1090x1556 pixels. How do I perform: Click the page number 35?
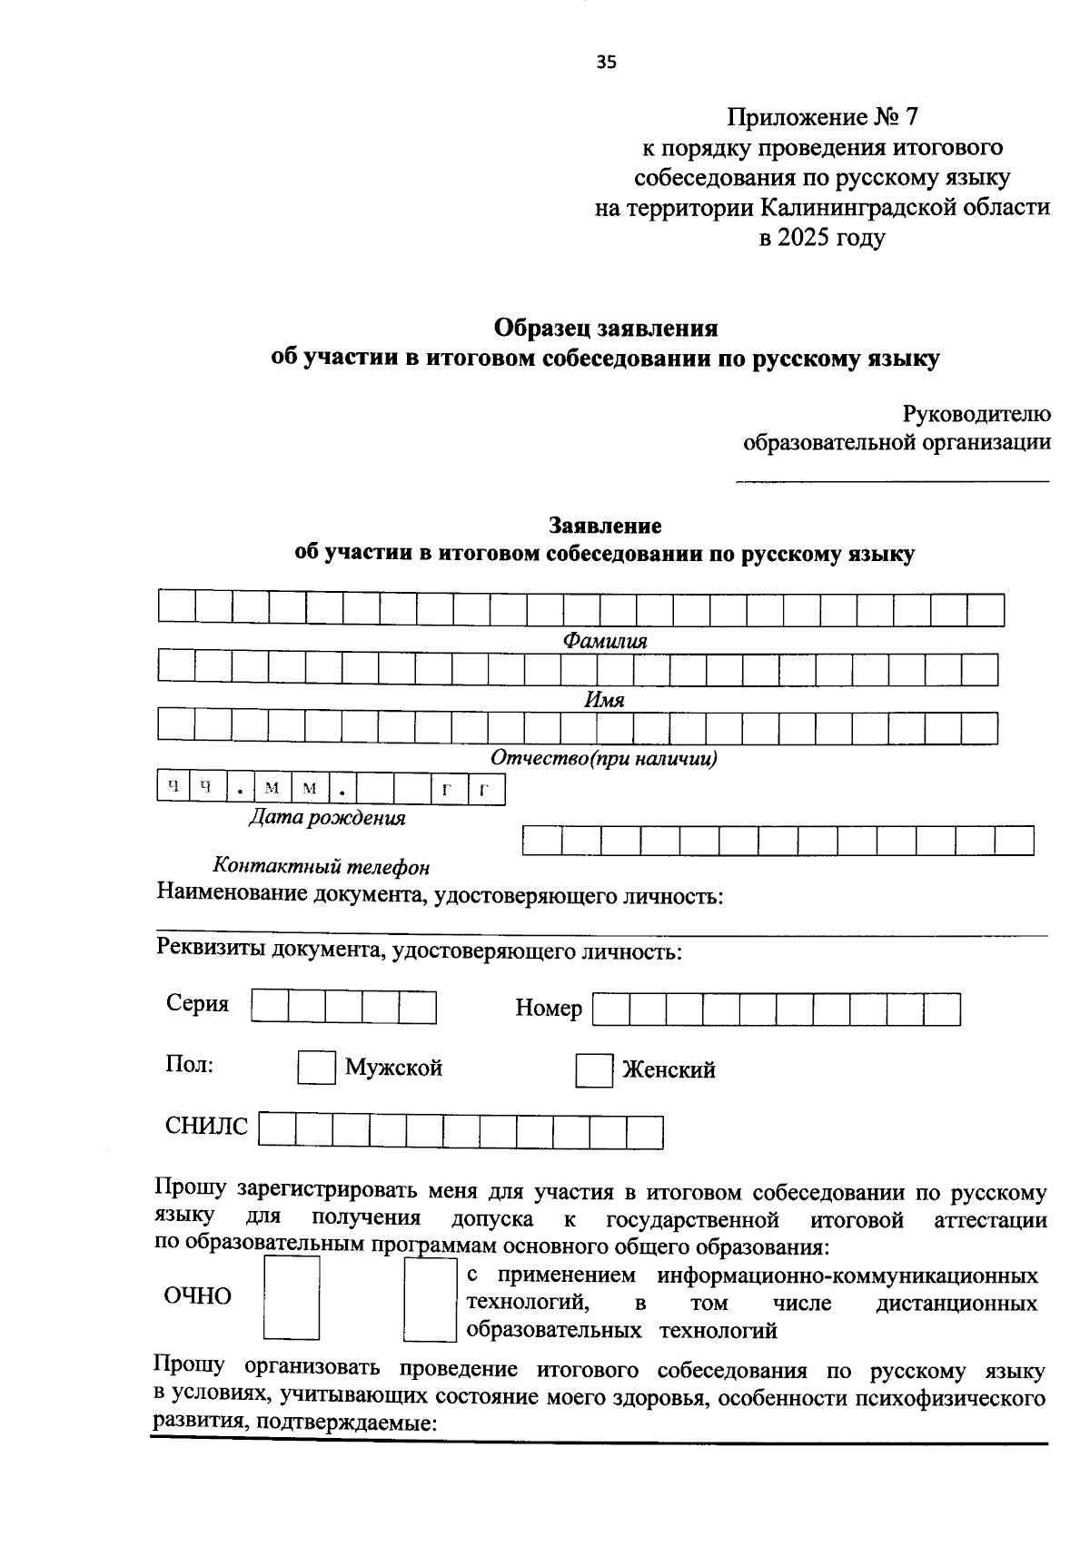tap(607, 62)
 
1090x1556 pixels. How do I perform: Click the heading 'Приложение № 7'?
tap(822, 117)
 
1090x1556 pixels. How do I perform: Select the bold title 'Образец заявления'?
tap(606, 327)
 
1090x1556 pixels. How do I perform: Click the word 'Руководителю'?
tap(976, 415)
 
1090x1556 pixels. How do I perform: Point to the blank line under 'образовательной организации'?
tap(891, 481)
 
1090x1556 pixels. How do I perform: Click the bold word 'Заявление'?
tap(605, 526)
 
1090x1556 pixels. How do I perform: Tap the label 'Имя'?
tap(604, 700)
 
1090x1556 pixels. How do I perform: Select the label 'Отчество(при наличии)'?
tap(604, 759)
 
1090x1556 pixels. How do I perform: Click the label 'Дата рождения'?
tap(327, 818)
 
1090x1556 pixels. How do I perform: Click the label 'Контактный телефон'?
tap(321, 867)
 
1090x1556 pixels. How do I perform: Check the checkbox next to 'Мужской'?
tap(317, 1068)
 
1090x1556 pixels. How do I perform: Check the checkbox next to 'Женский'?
tap(594, 1070)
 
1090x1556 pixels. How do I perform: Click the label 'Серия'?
tap(197, 1004)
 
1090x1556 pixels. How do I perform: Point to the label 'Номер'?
tap(549, 1008)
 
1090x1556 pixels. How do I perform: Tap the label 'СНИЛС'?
tap(206, 1127)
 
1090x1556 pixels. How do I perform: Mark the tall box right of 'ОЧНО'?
tap(292, 1297)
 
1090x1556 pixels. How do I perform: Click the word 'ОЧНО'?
tap(197, 1296)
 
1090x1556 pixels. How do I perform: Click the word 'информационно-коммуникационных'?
tap(847, 1275)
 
